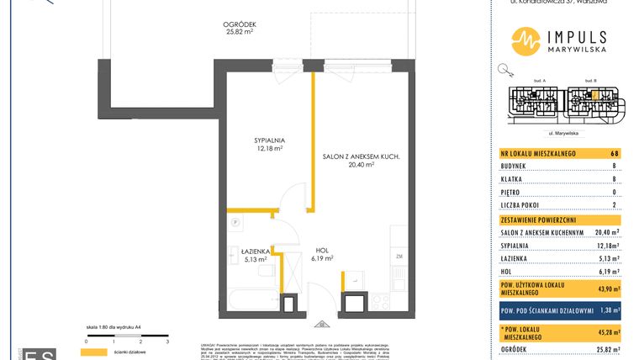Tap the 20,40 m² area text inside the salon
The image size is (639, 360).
click(360, 165)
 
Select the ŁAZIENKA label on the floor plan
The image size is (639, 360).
click(254, 251)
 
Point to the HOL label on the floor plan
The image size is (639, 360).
click(322, 251)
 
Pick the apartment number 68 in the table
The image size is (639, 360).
click(615, 154)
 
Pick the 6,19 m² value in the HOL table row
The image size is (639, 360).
click(608, 272)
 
